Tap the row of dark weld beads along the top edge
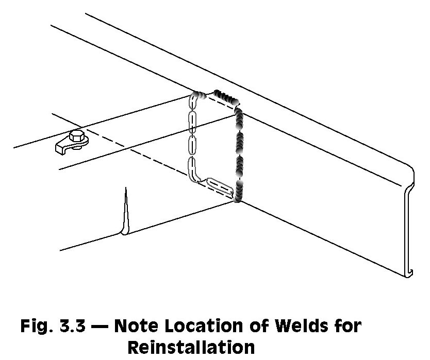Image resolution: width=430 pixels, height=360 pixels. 226,98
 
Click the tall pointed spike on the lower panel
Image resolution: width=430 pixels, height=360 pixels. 125,211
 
